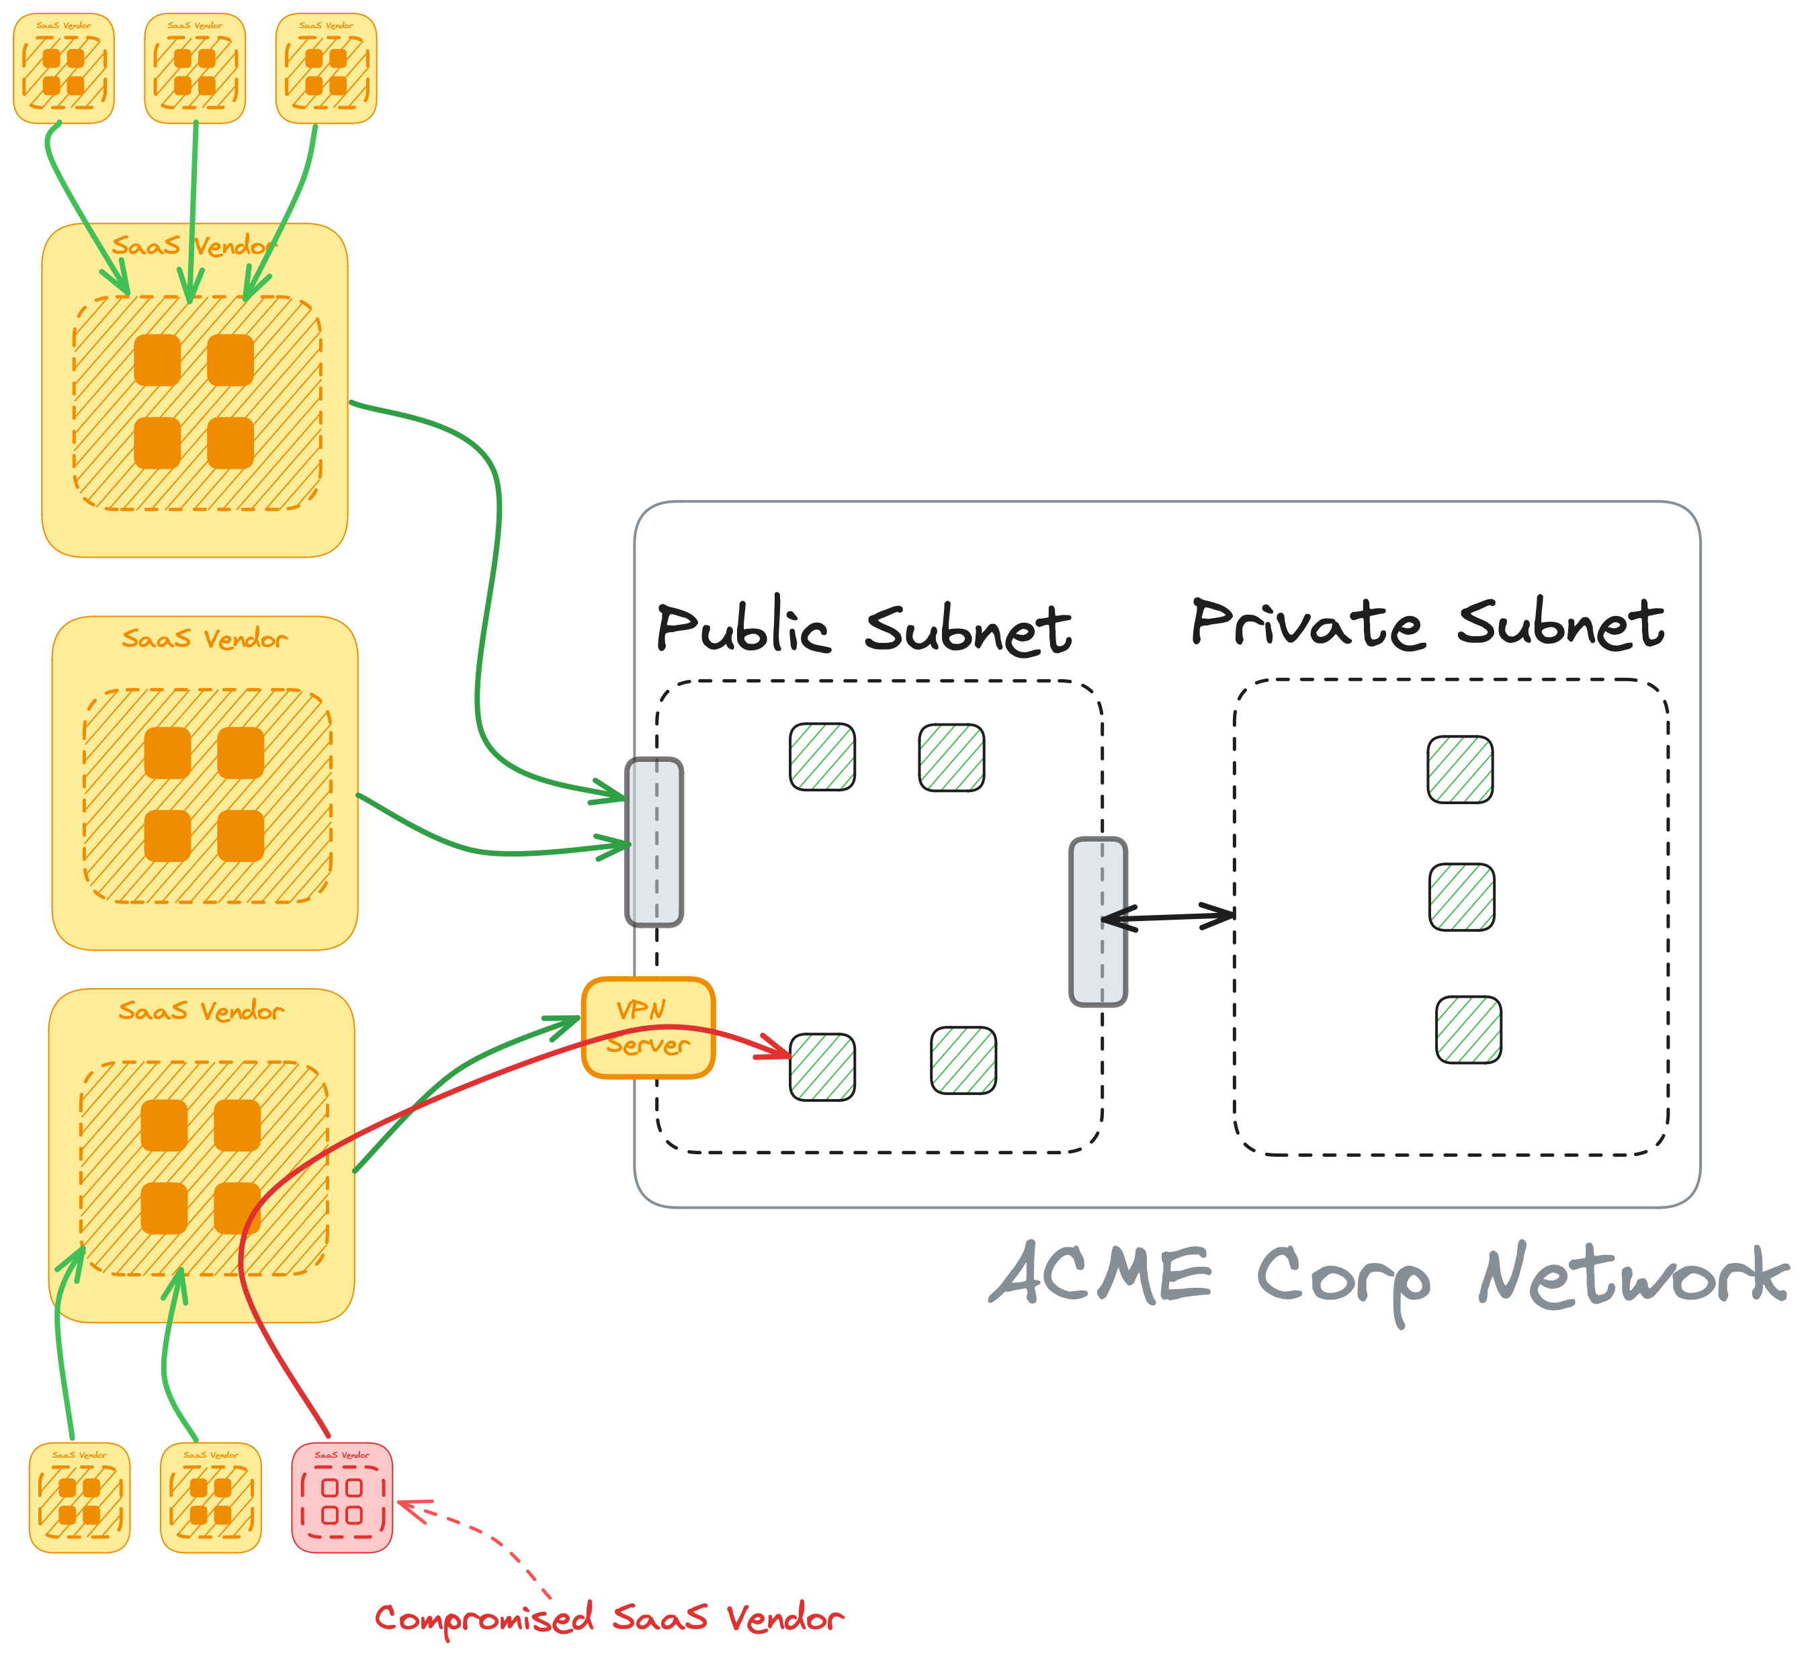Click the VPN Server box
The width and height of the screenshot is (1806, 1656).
[648, 1028]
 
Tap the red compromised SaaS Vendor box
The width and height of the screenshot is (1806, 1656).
[341, 1497]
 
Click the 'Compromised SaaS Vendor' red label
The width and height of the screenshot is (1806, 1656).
[609, 1618]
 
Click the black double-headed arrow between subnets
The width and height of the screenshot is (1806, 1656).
[1168, 917]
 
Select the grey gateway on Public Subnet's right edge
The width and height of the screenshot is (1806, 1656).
[1098, 921]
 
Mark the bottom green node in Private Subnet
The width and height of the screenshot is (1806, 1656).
[1468, 1030]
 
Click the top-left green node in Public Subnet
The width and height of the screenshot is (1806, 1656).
[822, 757]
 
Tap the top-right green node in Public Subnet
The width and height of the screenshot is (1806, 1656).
[952, 758]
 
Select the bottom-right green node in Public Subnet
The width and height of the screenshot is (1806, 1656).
[963, 1061]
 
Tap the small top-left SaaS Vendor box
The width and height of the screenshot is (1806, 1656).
[64, 68]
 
